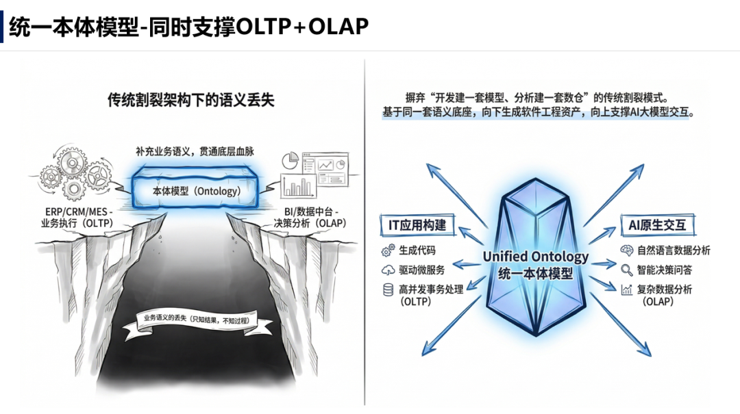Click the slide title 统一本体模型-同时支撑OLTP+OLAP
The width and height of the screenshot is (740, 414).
click(189, 26)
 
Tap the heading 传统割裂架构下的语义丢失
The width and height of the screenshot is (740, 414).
click(190, 100)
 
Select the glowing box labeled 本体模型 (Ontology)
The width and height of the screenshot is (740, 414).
click(197, 192)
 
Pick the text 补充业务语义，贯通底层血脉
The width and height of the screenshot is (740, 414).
click(195, 151)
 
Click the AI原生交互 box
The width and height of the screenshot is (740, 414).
click(657, 224)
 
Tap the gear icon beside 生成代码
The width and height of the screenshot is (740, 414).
click(388, 250)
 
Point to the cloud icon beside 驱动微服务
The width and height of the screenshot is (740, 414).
click(388, 270)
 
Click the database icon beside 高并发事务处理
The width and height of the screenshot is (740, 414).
click(388, 289)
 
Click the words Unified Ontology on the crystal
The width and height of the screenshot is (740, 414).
click(535, 257)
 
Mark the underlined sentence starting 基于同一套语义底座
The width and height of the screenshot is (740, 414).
click(539, 112)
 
